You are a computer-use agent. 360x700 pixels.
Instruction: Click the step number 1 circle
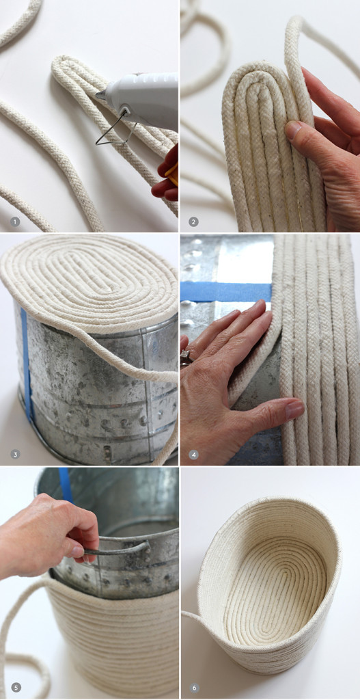[15, 221]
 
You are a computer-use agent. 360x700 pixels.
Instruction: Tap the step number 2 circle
[193, 221]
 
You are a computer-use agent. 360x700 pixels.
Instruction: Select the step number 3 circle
[15, 454]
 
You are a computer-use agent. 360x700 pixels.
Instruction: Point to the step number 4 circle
[193, 454]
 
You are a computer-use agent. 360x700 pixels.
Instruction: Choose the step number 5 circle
[15, 687]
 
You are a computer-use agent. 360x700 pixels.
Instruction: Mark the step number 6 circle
[193, 687]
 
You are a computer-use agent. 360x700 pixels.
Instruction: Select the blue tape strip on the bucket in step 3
[26, 362]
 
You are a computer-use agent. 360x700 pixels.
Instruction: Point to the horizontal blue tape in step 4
[225, 292]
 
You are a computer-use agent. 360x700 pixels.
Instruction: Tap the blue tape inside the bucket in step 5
[65, 484]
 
